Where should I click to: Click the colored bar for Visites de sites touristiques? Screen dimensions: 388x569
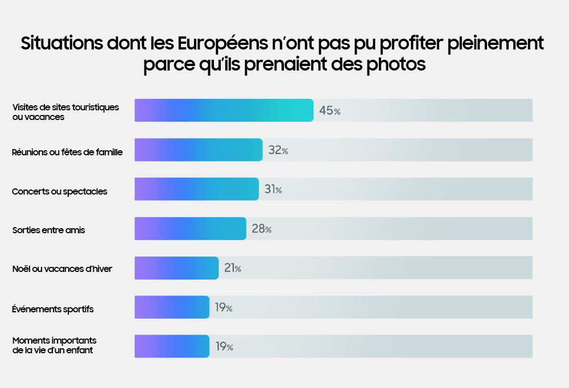224,110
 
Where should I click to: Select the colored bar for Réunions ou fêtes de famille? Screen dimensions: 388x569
198,150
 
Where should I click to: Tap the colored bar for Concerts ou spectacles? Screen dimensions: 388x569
196,189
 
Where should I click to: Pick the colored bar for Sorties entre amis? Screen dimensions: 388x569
190,229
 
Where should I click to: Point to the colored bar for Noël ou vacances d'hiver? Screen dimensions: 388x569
176,268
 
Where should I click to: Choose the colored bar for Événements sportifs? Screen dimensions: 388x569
172,307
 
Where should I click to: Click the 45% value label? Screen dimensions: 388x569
329,111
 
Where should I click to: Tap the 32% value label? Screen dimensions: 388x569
278,151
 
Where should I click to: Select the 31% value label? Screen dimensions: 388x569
273,190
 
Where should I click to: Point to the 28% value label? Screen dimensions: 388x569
261,229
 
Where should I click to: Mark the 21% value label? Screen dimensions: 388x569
232,269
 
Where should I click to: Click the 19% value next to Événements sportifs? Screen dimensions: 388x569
223,308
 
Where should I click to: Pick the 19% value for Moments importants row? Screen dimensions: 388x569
224,347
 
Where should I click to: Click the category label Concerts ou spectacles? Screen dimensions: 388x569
60,192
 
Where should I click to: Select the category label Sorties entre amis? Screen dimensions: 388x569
48,230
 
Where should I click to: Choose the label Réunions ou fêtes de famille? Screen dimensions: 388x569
67,152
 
